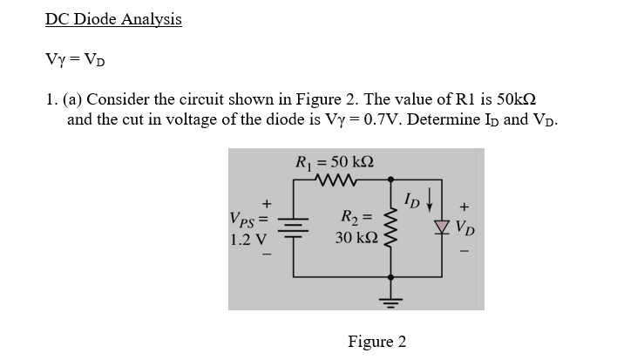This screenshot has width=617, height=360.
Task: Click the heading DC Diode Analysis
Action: pos(113,20)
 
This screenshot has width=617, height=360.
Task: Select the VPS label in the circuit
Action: pos(247,218)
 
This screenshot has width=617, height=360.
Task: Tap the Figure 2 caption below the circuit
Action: pos(376,342)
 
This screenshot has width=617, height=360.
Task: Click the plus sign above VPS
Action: pos(255,200)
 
